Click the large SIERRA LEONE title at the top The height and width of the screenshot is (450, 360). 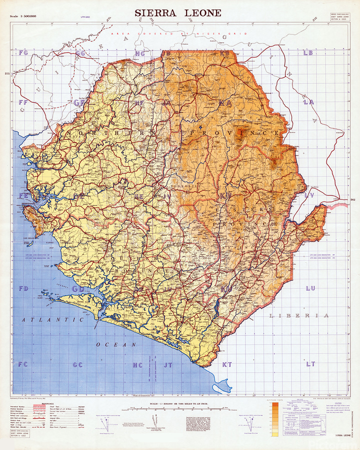pyautogui.click(x=177, y=13)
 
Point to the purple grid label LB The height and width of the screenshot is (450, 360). pyautogui.click(x=307, y=52)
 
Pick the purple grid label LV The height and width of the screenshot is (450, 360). pyautogui.click(x=309, y=195)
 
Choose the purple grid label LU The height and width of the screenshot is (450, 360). pyautogui.click(x=310, y=288)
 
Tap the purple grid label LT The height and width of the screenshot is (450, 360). pyautogui.click(x=310, y=364)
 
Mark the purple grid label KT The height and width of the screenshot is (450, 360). pyautogui.click(x=227, y=364)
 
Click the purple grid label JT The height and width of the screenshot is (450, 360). pyautogui.click(x=167, y=365)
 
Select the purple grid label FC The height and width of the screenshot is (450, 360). pyautogui.click(x=23, y=364)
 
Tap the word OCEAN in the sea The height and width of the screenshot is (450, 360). pyautogui.click(x=116, y=344)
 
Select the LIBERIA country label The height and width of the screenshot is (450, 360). pyautogui.click(x=299, y=315)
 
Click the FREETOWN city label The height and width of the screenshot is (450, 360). pyautogui.click(x=28, y=204)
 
